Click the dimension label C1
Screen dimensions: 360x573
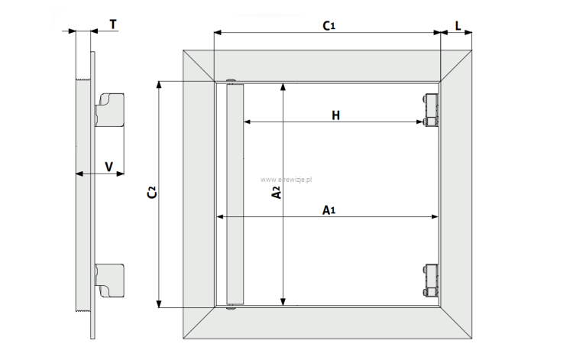[329, 26]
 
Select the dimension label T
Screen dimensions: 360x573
[113, 24]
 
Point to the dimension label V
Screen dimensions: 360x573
[108, 166]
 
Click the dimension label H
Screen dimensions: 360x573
[335, 115]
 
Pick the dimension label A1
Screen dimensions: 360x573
[329, 209]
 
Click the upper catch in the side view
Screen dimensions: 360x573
[109, 109]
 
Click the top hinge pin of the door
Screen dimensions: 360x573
[231, 82]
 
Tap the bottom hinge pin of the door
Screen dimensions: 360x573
[231, 307]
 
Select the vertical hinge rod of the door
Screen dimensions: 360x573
[234, 194]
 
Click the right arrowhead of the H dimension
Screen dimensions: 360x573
[422, 122]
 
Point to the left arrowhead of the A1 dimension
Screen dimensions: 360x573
[221, 217]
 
